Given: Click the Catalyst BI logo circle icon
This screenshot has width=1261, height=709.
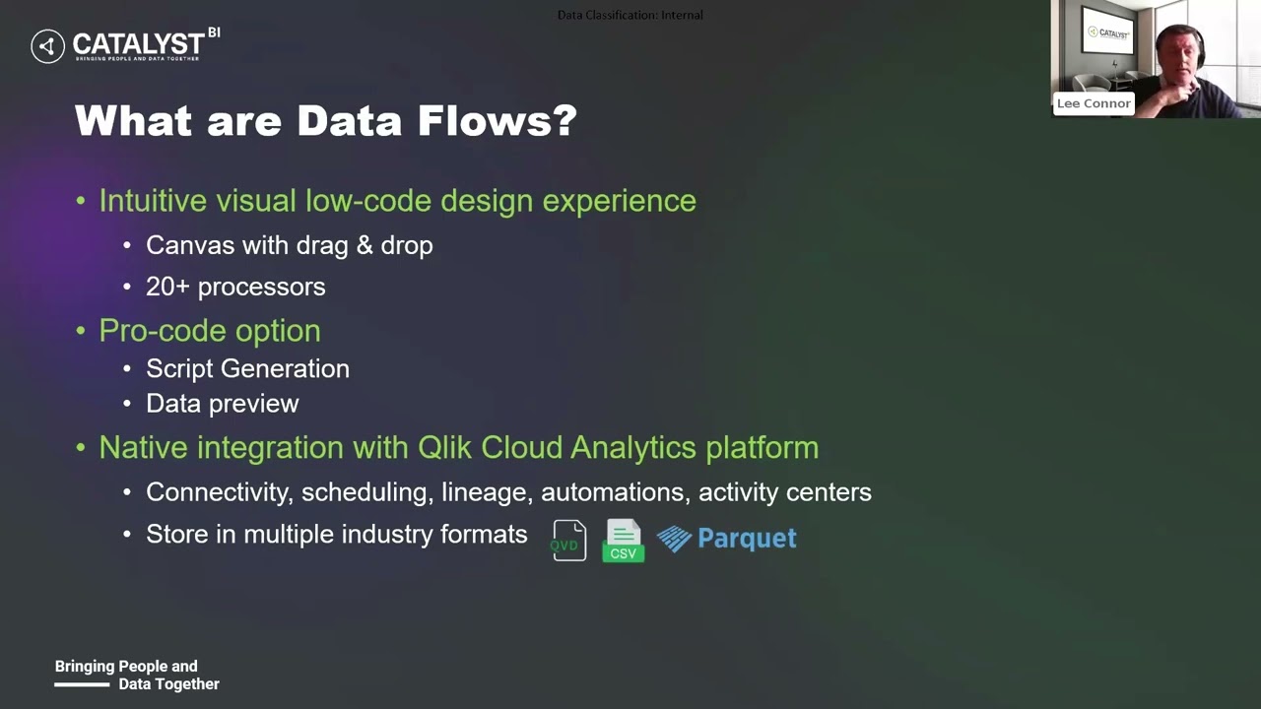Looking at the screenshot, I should coord(47,46).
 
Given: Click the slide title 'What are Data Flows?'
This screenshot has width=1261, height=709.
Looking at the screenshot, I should coord(325,121).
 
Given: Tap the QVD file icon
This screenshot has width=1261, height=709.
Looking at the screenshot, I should coord(568,541).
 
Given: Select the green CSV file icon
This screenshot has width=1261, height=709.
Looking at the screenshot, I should coord(623,541).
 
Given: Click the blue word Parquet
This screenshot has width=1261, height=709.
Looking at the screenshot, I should coord(746,539).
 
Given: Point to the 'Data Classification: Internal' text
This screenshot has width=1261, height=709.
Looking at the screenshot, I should coord(630,15).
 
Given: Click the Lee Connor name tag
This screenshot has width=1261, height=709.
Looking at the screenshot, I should coord(1094,103).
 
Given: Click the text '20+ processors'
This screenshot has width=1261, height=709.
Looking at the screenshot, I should coord(235,287).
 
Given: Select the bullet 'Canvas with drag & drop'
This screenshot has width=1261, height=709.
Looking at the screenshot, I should coord(289,245).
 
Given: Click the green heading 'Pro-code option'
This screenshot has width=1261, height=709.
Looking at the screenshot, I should coord(209,331).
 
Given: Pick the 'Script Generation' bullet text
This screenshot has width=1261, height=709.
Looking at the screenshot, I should coord(247,368).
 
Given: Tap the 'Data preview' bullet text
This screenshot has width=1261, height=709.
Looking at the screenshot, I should coord(222,404).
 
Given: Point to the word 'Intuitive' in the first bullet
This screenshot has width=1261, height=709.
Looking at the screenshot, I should coord(153,201).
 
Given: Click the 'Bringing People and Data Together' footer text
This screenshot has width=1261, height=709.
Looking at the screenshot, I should coord(137,675).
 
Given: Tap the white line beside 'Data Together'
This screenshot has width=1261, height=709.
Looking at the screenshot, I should coord(81,684).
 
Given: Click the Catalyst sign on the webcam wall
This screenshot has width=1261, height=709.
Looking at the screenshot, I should coord(1108,33).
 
